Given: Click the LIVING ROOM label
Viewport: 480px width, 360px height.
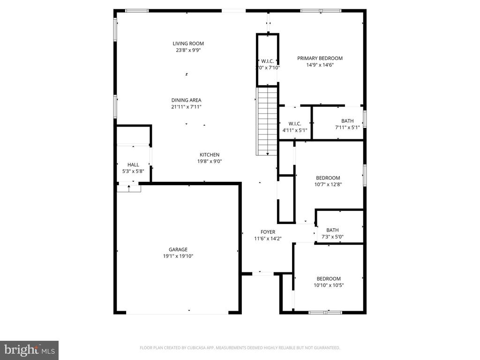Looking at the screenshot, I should coord(188,44).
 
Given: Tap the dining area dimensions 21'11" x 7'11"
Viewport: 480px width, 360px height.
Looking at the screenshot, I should coord(186,107).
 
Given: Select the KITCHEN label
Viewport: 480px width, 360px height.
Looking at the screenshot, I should coord(210,155).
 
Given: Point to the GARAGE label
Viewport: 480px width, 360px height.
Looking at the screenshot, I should coord(178,249).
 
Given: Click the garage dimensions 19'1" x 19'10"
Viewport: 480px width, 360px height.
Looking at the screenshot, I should coord(178,256).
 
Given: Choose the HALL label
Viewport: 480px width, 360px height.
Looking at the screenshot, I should coord(133,165).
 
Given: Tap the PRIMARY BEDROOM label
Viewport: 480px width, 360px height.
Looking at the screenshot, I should coord(320,58).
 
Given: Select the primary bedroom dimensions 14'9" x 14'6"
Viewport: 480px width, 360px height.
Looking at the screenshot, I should coord(320,65).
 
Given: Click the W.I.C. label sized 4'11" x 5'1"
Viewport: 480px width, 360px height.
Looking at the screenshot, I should coord(295,124).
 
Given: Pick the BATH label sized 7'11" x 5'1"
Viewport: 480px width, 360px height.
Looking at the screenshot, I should coord(347,121).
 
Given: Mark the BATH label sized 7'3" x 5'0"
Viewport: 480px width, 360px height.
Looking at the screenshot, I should coord(332,230).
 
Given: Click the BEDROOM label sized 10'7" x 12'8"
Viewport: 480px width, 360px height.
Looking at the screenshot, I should coord(328,178).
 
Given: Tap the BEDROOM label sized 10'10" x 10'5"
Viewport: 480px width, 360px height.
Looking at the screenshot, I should coord(328,278).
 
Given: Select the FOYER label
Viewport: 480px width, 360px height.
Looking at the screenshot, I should coord(268,232).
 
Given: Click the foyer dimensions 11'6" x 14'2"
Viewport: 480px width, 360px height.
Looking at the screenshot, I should coord(268,239).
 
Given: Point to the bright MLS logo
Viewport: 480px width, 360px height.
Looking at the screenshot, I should coord(29,350).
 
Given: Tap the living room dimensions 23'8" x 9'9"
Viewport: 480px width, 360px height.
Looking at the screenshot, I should coord(188,50).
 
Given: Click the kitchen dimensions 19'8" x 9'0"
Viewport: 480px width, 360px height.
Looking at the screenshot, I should coord(210,161).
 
